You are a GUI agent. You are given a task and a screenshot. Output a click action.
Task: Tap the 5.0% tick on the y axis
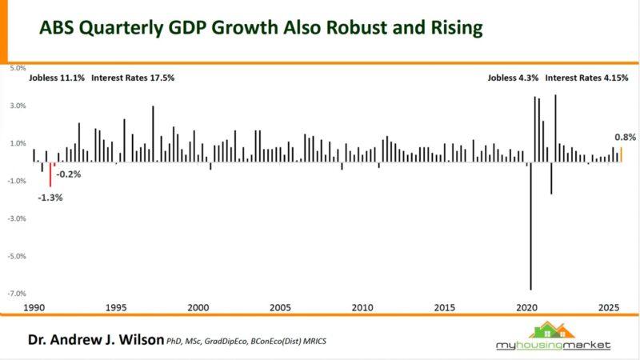tap(18, 68)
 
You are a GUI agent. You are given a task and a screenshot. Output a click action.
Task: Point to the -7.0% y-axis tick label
tap(18, 294)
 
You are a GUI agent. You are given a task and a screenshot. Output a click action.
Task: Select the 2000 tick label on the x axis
tap(198, 308)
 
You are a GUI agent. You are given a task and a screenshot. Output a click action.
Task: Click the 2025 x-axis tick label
tap(609, 308)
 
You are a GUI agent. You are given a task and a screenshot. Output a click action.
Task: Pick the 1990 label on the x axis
tap(33, 308)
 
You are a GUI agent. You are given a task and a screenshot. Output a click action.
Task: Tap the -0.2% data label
tap(68, 174)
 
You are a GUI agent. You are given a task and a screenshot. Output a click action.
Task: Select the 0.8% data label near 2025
tap(625, 135)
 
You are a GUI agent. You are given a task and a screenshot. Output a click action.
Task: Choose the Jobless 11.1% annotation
tap(56, 78)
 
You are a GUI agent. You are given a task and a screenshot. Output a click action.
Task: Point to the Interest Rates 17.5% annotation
tap(133, 78)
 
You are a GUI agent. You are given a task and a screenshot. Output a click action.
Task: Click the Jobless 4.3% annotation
tap(513, 78)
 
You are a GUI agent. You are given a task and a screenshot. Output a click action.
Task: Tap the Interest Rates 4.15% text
tap(587, 78)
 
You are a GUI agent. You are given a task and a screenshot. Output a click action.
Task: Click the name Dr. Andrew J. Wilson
tap(94, 341)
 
